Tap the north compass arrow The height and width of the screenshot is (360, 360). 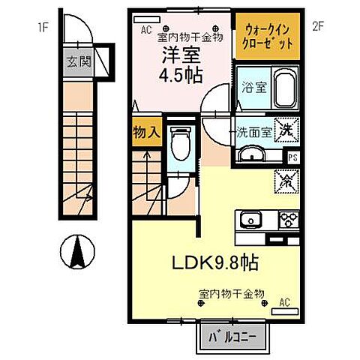75,251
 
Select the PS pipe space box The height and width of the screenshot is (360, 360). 293,157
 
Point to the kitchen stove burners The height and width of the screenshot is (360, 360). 289,219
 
